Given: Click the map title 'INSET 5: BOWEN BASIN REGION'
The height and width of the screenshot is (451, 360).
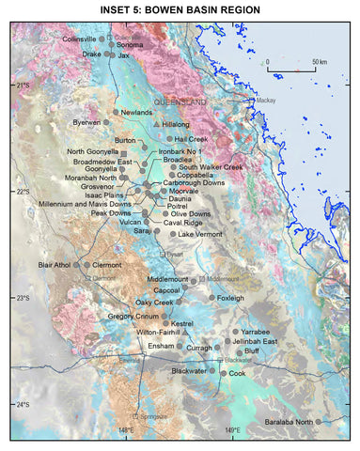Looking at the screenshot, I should [x=180, y=9].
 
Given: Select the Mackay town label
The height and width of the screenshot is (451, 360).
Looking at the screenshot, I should [x=266, y=100].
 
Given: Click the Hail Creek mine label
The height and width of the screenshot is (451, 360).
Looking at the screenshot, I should [x=191, y=138].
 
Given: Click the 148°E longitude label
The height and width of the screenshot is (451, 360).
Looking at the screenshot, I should [x=126, y=429].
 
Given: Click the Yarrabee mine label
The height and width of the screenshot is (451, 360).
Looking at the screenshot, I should [x=255, y=332].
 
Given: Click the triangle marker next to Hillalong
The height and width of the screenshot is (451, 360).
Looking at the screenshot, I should [x=155, y=124].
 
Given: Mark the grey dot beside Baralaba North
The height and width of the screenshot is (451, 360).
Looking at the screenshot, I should [x=319, y=421].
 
